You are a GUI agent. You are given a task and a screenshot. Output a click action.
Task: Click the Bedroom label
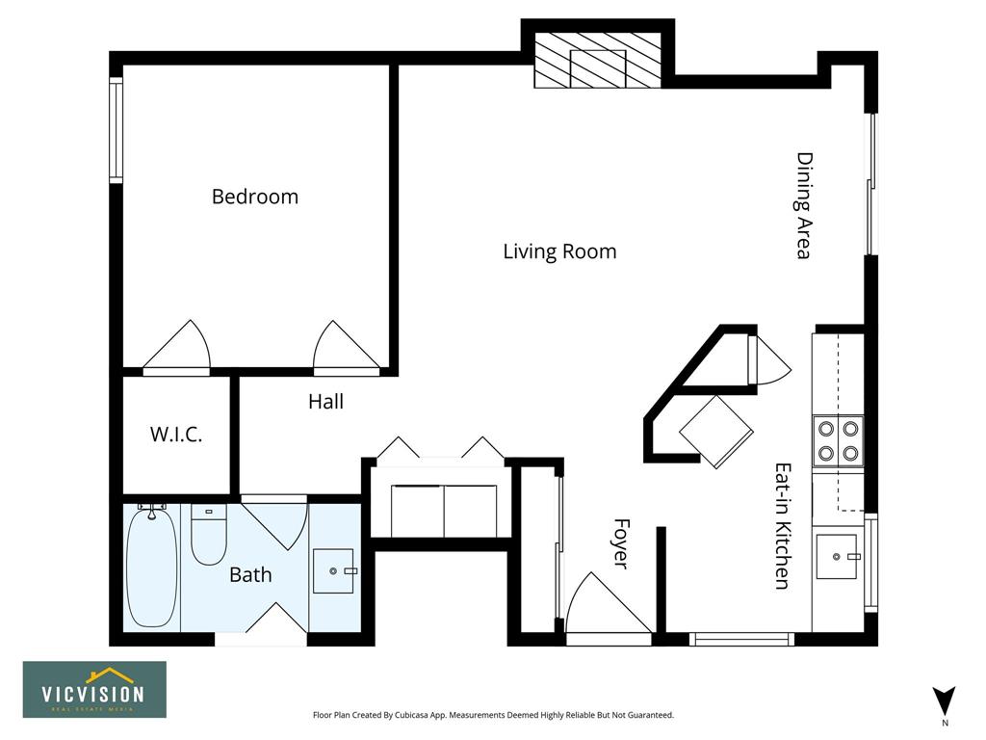254,197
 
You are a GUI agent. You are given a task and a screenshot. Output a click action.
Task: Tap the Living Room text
559,251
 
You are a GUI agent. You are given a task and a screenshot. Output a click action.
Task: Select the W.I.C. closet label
176,435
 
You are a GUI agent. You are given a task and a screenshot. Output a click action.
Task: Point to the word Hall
325,402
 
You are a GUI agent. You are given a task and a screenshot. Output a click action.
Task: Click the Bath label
250,574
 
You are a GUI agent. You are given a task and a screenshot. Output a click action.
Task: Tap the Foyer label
621,543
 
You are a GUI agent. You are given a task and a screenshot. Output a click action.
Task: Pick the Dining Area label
805,206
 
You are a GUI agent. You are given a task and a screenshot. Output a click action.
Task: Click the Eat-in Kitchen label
782,527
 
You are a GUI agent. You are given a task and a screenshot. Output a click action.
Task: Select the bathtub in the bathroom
151,568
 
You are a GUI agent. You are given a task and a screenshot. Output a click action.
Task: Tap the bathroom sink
333,570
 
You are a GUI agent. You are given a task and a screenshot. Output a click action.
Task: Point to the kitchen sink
837,556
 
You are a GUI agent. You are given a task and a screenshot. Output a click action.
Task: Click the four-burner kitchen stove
839,440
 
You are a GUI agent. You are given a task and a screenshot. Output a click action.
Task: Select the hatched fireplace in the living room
597,60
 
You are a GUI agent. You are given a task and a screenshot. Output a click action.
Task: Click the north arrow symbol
944,701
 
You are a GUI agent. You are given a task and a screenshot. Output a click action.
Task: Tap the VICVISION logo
95,689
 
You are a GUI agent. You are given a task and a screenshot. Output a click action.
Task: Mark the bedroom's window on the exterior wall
116,130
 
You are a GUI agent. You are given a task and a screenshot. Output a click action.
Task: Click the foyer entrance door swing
608,604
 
